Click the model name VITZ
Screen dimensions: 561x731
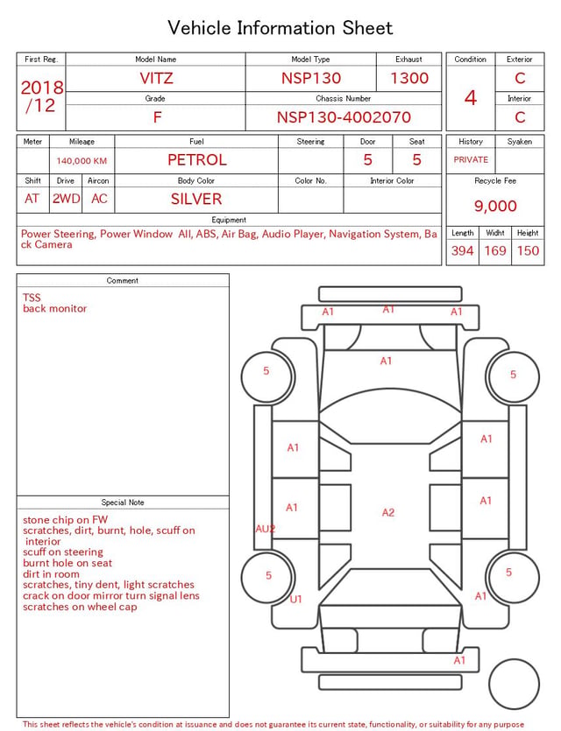[156, 78]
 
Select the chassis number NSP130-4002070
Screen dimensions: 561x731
[344, 117]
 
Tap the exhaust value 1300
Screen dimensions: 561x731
[409, 78]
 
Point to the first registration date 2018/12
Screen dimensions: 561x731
[41, 96]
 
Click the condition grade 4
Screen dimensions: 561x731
[471, 98]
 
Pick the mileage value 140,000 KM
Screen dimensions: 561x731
[82, 161]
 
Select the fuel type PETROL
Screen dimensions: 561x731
[197, 160]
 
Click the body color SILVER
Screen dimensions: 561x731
[196, 199]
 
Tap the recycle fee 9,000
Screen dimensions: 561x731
[495, 206]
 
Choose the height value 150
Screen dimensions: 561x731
[528, 250]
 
